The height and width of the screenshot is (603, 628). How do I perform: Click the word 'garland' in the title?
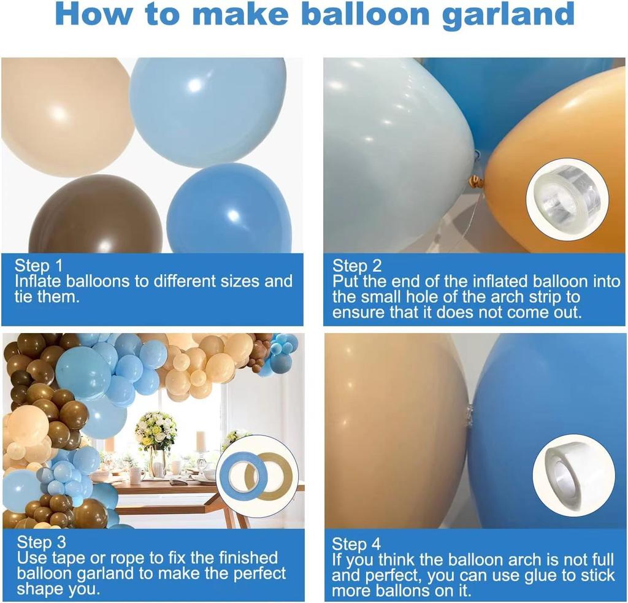pos(508,15)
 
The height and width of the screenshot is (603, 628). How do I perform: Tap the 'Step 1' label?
pos(39,266)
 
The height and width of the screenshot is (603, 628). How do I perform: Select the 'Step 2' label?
pos(357,266)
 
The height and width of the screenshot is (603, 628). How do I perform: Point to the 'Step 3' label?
pos(41,542)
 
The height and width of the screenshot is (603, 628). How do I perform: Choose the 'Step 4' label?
pos(356,543)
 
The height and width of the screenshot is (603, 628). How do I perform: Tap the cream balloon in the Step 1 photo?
pos(64,113)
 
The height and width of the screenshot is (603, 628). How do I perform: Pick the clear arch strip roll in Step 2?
pos(567,198)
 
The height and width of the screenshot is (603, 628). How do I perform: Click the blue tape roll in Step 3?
pos(243,475)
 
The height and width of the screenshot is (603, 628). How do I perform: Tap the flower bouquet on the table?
pos(156,429)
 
